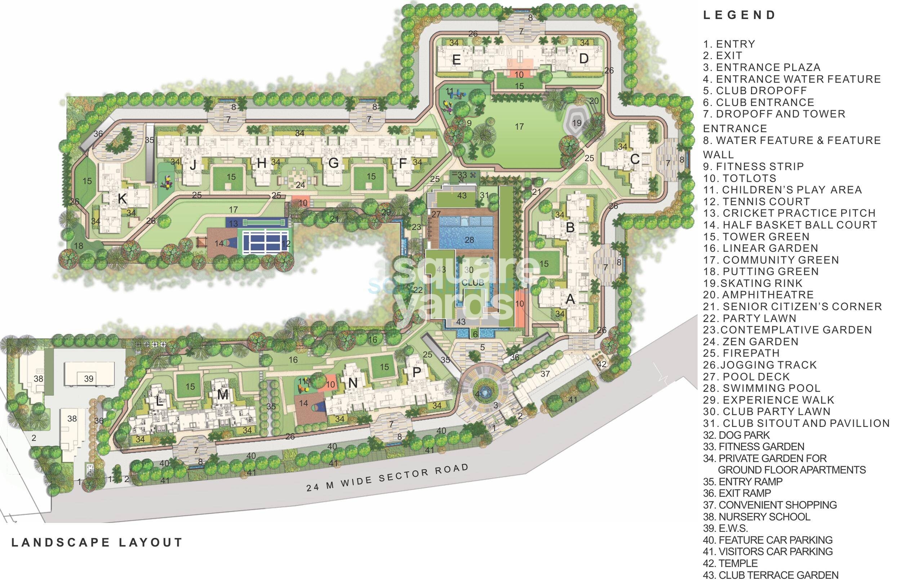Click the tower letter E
[456, 60]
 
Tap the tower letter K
[122, 198]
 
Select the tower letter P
[416, 373]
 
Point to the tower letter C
[635, 159]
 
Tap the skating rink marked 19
[577, 123]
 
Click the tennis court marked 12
[286, 244]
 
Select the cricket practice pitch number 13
[233, 224]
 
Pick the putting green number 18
[78, 246]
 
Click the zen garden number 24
[300, 185]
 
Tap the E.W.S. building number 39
[89, 379]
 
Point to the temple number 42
[602, 364]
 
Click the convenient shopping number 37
[545, 374]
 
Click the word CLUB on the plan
[473, 283]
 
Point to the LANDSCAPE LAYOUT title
[97, 542]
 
